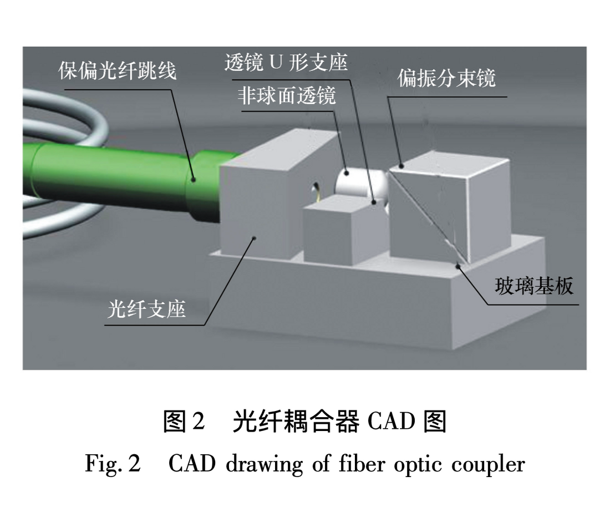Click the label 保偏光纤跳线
coord(118,70)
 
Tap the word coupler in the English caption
coord(492,463)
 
